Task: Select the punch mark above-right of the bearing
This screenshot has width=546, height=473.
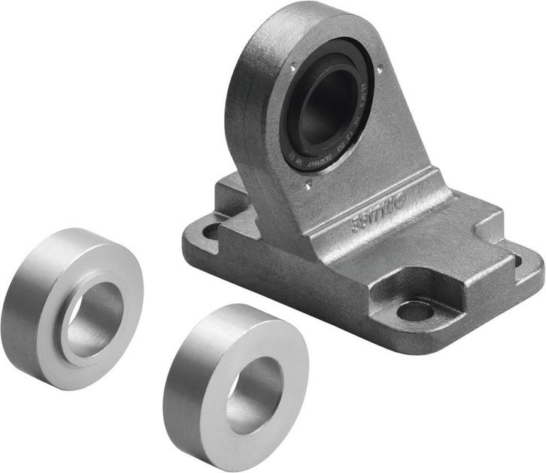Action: (379, 71)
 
